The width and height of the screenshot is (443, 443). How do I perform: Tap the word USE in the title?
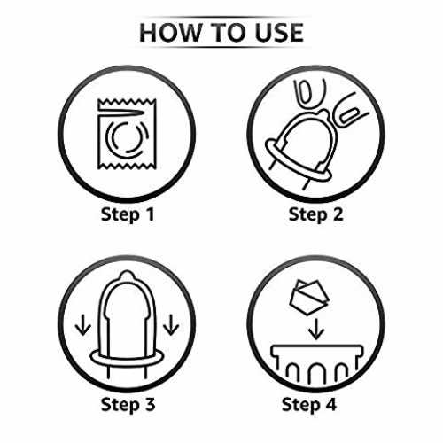[x=279, y=33]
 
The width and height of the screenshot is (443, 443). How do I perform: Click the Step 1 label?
[x=128, y=214]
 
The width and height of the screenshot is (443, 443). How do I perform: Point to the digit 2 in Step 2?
[x=338, y=214]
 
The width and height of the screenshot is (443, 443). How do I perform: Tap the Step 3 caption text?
[x=128, y=404]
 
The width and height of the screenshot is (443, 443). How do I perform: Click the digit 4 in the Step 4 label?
[x=330, y=404]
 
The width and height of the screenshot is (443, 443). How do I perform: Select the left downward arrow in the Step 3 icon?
[x=83, y=324]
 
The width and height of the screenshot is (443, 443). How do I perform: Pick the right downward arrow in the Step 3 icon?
[x=171, y=324]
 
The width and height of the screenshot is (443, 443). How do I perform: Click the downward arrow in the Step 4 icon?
[x=316, y=329]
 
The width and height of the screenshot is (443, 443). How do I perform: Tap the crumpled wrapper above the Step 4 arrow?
[x=309, y=297]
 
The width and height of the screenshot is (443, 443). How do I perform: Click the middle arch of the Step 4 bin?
[x=316, y=373]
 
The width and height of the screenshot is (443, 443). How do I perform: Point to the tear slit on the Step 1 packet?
[x=121, y=113]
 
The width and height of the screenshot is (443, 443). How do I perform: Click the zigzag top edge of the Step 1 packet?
[x=127, y=103]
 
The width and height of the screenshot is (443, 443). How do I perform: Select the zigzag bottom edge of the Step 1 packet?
[x=127, y=166]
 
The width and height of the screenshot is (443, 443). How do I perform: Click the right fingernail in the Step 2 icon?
[x=349, y=115]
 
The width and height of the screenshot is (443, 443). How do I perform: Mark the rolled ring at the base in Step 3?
[x=127, y=358]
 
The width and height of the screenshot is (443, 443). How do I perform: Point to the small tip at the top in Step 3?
[x=127, y=275]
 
